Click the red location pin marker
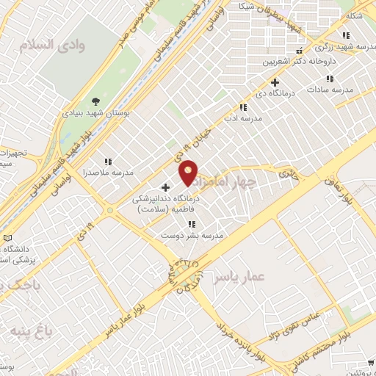[189, 173]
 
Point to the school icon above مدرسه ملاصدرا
[108, 162]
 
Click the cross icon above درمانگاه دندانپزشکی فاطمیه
[164, 187]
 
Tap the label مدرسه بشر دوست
[192, 235]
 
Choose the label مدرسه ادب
[243, 117]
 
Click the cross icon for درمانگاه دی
[275, 82]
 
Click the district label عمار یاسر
[238, 278]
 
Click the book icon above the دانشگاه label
[7, 239]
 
